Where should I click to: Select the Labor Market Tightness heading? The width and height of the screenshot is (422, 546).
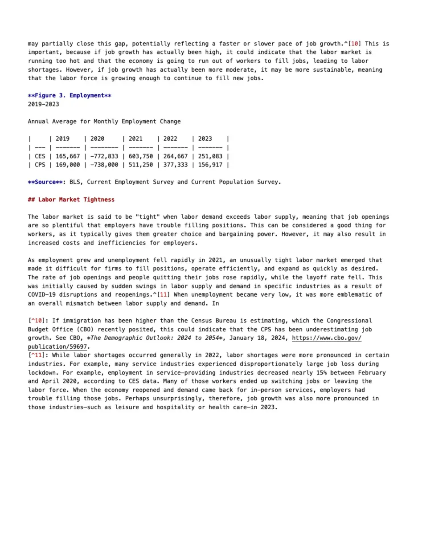click(71, 200)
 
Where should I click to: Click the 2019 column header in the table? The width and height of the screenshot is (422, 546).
click(62, 139)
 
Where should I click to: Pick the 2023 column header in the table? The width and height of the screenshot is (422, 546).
click(205, 139)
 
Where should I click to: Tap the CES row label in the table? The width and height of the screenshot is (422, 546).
click(40, 156)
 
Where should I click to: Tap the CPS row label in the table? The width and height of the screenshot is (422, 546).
click(40, 165)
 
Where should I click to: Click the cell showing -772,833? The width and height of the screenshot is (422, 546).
click(104, 156)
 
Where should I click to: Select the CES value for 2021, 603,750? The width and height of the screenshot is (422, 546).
click(141, 156)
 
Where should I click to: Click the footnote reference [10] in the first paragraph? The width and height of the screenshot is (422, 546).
click(355, 44)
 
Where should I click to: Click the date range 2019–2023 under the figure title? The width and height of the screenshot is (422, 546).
click(43, 104)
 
